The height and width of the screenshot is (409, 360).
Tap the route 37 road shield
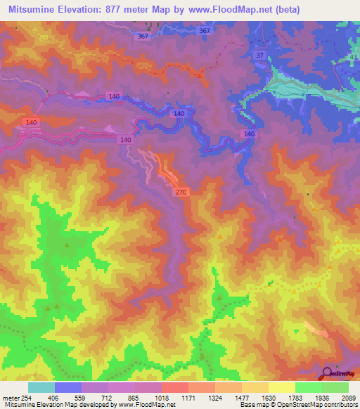pyautogui.click(x=260, y=56)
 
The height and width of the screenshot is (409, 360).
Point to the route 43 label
pyautogui.click(x=353, y=57)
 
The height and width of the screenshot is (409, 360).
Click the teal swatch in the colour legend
pyautogui.click(x=41, y=387)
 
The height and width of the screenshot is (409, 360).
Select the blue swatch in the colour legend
pyautogui.click(x=68, y=387)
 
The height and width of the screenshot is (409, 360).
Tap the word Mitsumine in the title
pyautogui.click(x=32, y=10)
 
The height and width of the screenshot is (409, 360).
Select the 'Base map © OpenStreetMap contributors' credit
pyautogui.click(x=297, y=405)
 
